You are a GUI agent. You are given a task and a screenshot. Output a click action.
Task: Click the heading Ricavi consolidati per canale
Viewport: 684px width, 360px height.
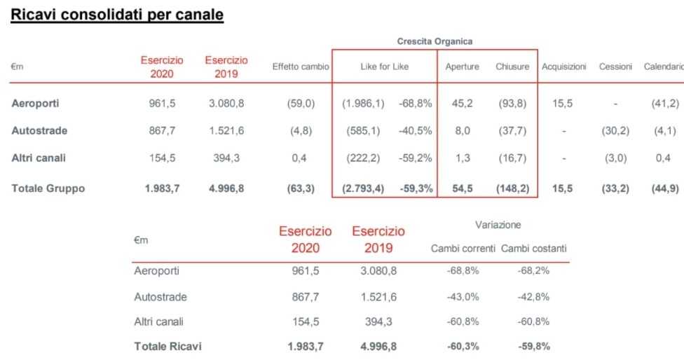point(116,15)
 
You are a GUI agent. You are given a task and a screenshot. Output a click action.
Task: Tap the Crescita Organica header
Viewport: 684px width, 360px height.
point(435,41)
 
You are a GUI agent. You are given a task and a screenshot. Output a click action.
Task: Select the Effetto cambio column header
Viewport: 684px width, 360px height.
point(300,67)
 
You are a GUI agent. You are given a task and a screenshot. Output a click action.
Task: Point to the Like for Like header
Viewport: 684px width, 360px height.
point(384,67)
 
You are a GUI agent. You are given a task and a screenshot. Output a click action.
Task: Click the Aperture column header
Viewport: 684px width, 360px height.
point(463,67)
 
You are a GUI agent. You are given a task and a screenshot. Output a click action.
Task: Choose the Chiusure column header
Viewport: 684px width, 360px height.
point(512,67)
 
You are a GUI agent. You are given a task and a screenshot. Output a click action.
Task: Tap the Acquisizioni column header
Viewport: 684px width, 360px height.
point(563,67)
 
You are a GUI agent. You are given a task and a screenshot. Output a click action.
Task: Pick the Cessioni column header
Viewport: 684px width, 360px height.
point(616,67)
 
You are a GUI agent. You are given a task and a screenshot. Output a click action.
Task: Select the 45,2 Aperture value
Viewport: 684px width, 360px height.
point(463,104)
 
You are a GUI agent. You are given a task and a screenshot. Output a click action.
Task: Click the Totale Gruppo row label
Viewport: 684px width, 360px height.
point(48,188)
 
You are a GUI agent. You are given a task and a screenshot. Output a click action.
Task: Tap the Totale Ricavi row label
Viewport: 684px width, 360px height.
point(169,346)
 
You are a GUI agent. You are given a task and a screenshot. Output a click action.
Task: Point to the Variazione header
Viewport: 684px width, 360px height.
point(498,225)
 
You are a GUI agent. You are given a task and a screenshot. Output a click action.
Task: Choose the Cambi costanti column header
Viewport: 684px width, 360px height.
point(534,249)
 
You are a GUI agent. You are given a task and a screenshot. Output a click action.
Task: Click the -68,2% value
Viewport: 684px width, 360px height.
point(533,271)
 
